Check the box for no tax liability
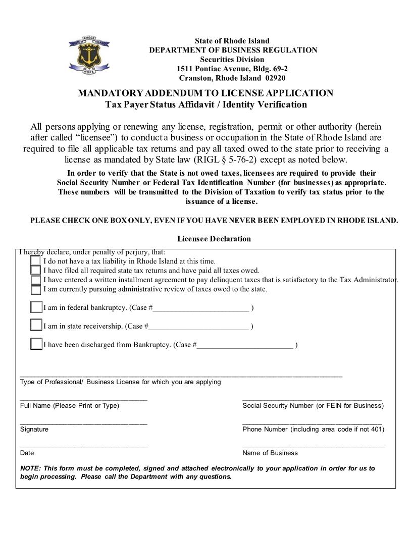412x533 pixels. tap(35, 260)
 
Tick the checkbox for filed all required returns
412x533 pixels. tap(35, 270)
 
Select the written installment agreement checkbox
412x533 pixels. tap(35, 280)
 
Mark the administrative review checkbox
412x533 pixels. tap(35, 289)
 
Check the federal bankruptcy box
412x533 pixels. tap(36, 307)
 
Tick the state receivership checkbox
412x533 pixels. tap(36, 325)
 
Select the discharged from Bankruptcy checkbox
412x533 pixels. tap(36, 344)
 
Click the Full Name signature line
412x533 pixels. tap(84, 400)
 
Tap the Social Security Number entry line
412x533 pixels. tap(312, 400)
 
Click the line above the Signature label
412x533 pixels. tap(84, 423)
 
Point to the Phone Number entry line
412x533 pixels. tap(312, 423)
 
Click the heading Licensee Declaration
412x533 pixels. tap(214, 239)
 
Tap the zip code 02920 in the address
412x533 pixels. tap(275, 78)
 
